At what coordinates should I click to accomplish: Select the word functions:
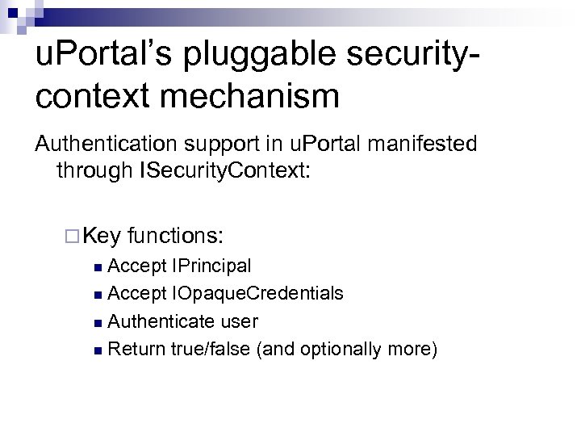pos(176,236)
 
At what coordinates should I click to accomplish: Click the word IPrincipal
pos(211,266)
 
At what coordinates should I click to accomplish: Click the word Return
pos(136,349)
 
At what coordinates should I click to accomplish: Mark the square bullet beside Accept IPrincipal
pos(98,266)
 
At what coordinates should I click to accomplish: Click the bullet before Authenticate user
pos(98,322)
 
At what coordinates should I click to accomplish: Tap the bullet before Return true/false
pos(98,350)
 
